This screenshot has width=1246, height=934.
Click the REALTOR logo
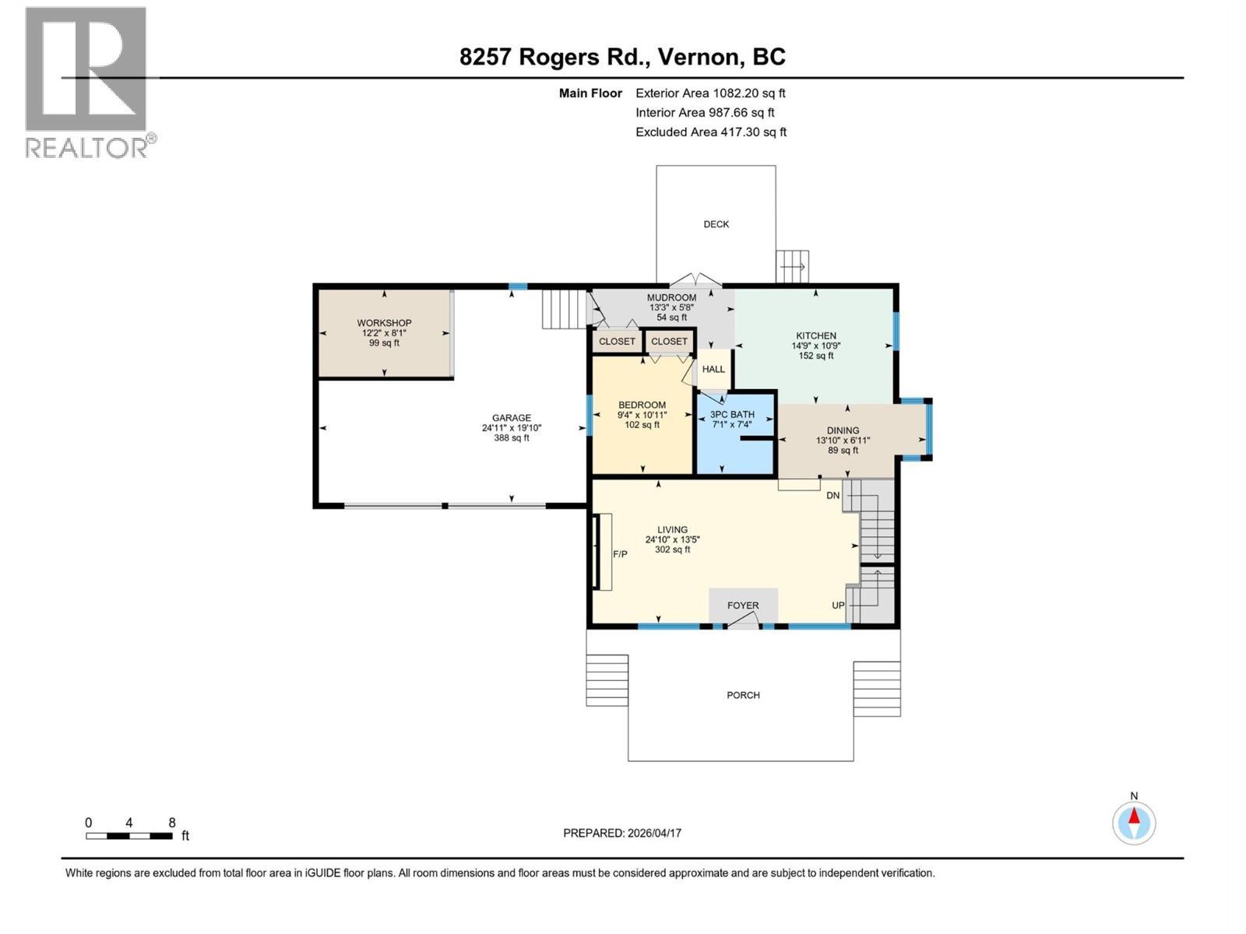point(90,83)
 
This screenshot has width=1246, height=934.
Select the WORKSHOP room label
point(384,323)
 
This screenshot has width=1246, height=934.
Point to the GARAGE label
point(512,418)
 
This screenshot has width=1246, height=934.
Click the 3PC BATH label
point(732,415)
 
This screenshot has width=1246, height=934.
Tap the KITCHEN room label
point(815,335)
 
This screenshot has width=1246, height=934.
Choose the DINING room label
point(843,430)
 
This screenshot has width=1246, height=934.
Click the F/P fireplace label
point(620,554)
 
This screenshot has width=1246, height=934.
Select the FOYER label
point(743,606)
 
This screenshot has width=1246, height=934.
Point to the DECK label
point(716,225)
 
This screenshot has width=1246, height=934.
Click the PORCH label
point(743,695)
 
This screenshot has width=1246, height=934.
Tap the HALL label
point(713,369)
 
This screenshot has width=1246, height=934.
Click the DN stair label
point(832,496)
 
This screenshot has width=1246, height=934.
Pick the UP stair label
point(839,606)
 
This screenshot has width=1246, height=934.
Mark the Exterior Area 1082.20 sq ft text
point(711,93)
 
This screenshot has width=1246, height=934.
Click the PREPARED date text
point(622,833)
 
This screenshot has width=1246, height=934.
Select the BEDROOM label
point(642,405)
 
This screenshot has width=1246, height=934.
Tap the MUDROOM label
point(671,298)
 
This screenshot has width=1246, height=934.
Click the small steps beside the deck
point(793,266)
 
